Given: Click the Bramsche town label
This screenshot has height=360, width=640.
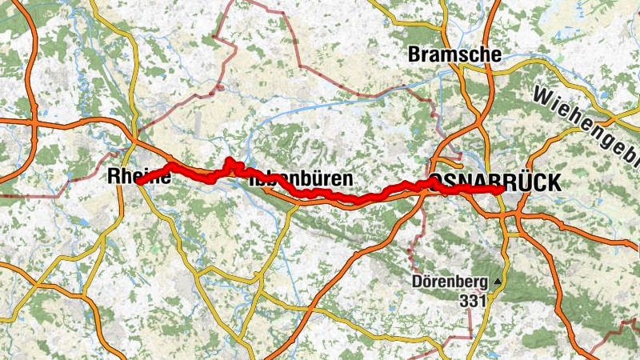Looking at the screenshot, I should (454, 54).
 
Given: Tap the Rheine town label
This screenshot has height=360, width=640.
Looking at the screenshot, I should (138, 178).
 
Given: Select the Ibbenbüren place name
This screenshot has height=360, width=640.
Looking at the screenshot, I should (302, 178).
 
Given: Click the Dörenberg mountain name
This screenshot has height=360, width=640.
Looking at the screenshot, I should (450, 282).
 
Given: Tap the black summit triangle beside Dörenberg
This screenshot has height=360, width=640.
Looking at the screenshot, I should (498, 282).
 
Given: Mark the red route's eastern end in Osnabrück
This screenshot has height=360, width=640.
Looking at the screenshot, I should (498, 190).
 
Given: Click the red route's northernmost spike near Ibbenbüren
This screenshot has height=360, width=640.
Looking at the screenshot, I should (229, 161).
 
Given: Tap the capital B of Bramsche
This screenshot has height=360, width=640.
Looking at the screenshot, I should (414, 54).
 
